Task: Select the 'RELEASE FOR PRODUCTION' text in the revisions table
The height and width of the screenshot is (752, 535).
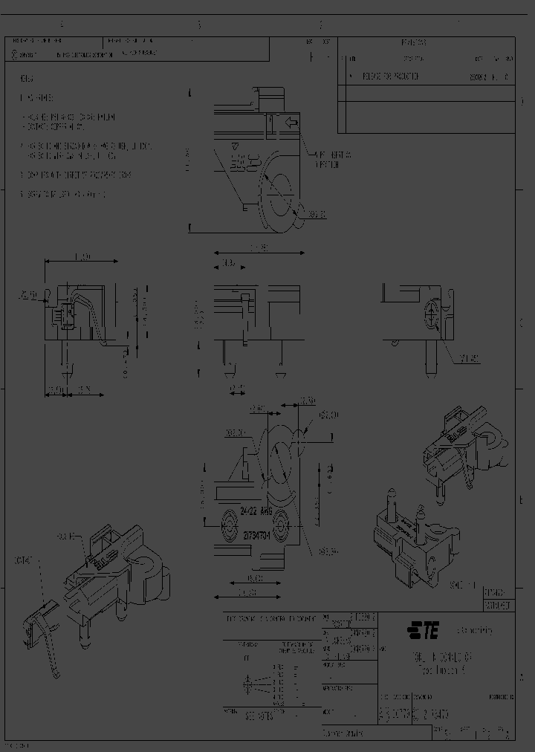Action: point(390,76)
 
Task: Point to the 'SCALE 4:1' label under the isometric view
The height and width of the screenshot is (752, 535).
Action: point(463,586)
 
